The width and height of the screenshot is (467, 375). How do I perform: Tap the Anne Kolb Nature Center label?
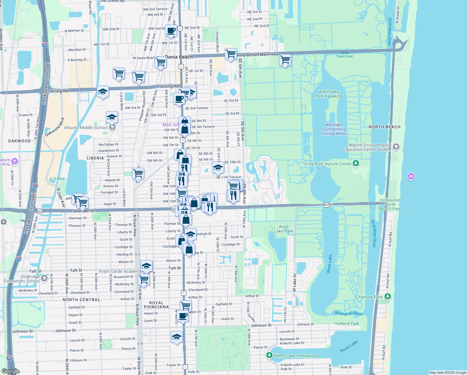[327, 164]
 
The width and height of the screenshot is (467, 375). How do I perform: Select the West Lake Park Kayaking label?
[328, 94]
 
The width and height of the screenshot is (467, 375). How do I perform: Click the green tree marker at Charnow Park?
[387, 296]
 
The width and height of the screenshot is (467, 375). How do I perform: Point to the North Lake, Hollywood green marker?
[269, 355]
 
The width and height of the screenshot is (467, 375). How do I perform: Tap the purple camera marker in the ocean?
[411, 177]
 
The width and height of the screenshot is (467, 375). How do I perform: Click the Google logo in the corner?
[11, 371]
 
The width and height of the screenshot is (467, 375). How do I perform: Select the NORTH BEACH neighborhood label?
[384, 127]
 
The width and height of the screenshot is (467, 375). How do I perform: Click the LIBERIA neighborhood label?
[95, 158]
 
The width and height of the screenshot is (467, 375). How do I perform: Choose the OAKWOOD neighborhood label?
[19, 141]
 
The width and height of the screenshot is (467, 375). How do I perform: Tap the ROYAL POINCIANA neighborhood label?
[156, 305]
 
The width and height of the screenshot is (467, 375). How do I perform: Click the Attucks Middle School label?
[86, 127]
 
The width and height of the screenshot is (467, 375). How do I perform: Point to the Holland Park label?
[347, 323]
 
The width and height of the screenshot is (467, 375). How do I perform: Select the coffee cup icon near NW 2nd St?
[171, 31]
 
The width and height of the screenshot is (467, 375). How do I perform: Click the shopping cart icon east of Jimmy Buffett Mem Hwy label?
[285, 59]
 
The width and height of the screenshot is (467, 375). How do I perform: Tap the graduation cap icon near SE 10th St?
[218, 167]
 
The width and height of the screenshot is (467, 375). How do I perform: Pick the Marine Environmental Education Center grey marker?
[396, 147]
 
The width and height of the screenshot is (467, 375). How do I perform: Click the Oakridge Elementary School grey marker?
[44, 278]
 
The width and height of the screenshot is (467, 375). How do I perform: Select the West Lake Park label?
[283, 229]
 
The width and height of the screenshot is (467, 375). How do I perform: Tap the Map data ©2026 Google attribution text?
[448, 372]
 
